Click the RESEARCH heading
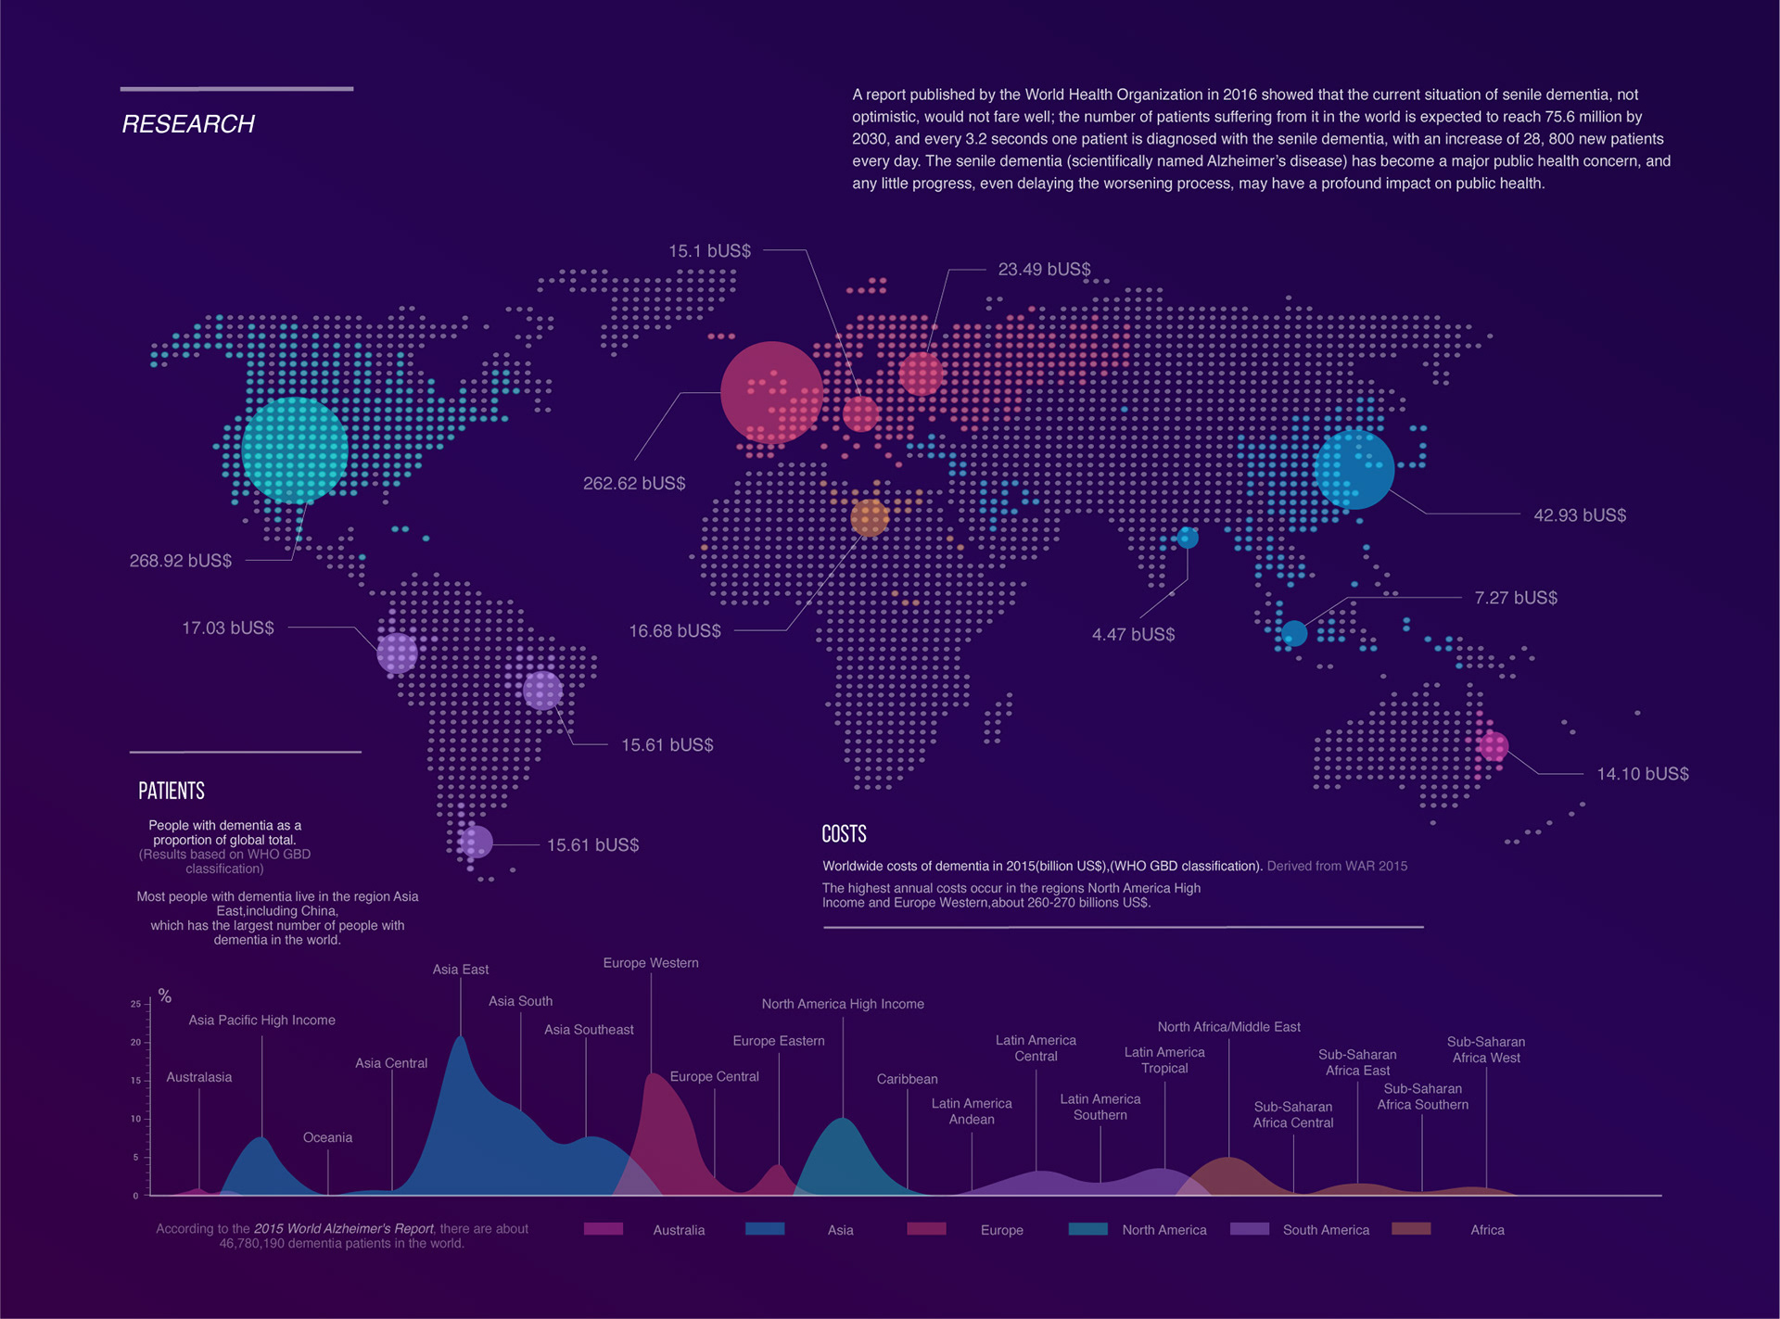click(188, 124)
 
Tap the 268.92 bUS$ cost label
click(181, 561)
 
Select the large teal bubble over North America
click(295, 450)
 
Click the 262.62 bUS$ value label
click(634, 484)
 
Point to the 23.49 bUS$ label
click(1044, 270)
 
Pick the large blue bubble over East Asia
click(1354, 470)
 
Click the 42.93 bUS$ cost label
click(1580, 515)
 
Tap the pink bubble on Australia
click(1493, 746)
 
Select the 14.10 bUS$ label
click(1643, 774)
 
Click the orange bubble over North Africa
click(870, 518)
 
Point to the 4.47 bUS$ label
click(1133, 635)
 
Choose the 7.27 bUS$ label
click(1516, 598)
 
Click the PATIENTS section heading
click(172, 791)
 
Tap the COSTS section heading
click(844, 834)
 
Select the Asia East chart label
click(461, 970)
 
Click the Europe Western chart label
click(651, 963)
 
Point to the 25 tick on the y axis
click(135, 1004)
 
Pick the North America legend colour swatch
click(1087, 1229)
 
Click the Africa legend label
click(1487, 1230)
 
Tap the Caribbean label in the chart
click(907, 1079)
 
